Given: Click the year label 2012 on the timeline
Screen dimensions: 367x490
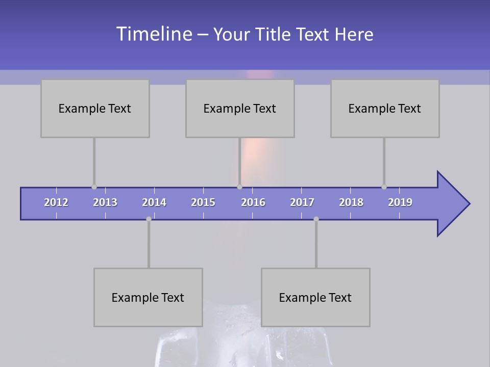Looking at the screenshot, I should tap(56, 202).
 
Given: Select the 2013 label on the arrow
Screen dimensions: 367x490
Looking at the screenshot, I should tap(105, 202).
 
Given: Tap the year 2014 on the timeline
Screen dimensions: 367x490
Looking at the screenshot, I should tap(154, 202).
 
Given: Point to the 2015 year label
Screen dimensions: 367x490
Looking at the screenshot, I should tap(203, 202).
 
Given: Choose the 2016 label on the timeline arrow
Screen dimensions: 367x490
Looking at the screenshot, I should tap(253, 202).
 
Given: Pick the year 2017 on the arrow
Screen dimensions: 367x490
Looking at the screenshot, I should tap(302, 202).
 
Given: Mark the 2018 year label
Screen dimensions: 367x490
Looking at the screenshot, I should tap(351, 202).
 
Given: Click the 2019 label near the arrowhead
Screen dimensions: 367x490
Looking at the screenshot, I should tap(400, 202).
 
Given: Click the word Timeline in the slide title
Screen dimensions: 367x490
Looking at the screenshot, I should tap(153, 34).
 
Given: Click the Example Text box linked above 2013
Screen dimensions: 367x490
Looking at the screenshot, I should tap(95, 108).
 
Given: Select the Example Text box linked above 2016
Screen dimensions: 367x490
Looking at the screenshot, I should tap(240, 108).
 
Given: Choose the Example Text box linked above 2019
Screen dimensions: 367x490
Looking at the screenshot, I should tap(385, 108).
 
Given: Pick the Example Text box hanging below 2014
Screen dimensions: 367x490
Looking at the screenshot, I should tap(148, 297).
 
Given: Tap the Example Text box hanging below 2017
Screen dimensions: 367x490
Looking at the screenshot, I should tap(315, 297).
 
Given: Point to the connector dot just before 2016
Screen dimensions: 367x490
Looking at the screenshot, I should tap(239, 187).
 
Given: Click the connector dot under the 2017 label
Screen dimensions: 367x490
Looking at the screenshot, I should tap(316, 219).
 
